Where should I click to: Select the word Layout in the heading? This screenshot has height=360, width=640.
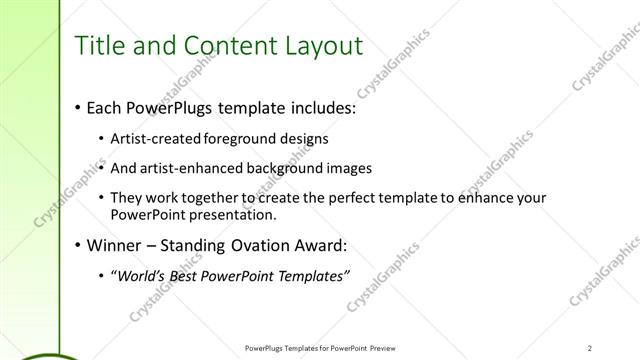click(321, 45)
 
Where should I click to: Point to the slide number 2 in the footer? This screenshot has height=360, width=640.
click(590, 347)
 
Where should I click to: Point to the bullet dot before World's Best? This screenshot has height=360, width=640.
click(103, 275)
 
